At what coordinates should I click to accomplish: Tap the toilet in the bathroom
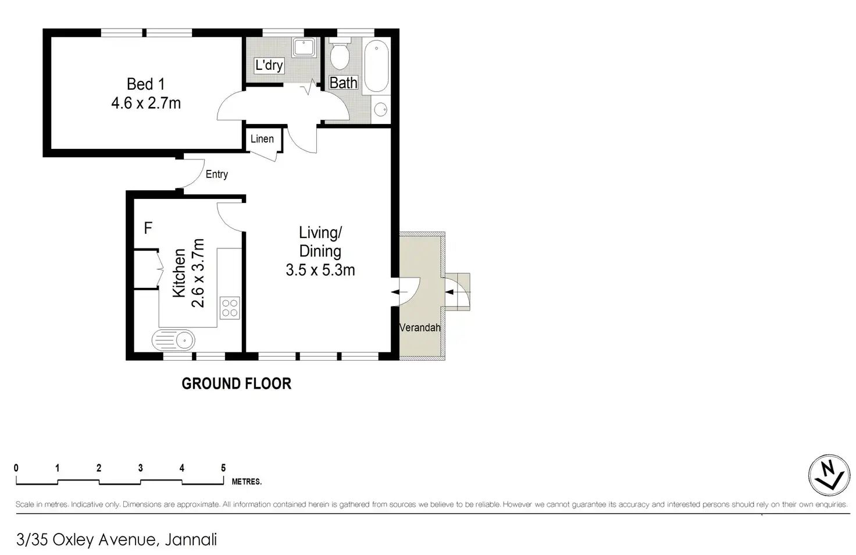coord(340,54)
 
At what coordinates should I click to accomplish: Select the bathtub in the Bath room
coord(376,66)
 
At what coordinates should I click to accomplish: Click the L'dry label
coord(269,65)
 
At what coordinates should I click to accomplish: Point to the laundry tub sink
coord(304,48)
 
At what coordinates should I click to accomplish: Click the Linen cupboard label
coord(262,138)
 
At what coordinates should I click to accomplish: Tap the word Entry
coord(217,175)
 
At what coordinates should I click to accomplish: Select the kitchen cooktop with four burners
coord(230,308)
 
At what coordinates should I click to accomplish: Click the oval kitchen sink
coord(173,340)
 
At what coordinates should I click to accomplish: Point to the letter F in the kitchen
coord(148,228)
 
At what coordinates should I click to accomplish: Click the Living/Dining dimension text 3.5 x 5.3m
coord(320,271)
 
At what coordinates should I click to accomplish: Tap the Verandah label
coord(420,328)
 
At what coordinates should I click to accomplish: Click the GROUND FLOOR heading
coord(237,383)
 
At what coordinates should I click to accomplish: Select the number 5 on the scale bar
coord(223,468)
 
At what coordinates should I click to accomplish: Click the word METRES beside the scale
coord(247,482)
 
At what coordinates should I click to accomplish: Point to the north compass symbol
coord(829,475)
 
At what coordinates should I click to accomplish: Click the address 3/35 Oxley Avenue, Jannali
coord(116,540)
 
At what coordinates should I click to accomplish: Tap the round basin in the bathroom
coord(381,110)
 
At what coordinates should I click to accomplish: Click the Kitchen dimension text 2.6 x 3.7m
coord(198,273)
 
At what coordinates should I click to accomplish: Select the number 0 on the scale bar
coord(16,468)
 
